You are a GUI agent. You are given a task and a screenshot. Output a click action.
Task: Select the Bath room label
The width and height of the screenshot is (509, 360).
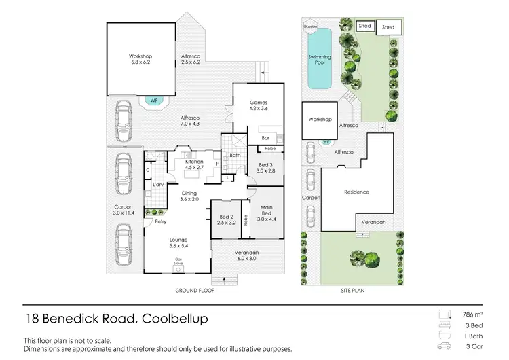(x=235, y=155)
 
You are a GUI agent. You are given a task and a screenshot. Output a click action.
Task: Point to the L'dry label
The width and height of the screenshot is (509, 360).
(x=157, y=185)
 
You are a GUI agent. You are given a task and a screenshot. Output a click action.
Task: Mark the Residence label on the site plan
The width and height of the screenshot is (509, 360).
(x=356, y=192)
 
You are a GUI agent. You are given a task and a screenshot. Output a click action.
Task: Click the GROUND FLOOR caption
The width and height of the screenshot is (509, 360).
(x=195, y=290)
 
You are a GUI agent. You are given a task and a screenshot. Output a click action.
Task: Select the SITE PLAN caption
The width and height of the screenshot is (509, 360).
(x=352, y=290)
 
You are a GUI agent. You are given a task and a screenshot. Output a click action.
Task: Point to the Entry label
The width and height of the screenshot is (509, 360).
(x=160, y=221)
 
